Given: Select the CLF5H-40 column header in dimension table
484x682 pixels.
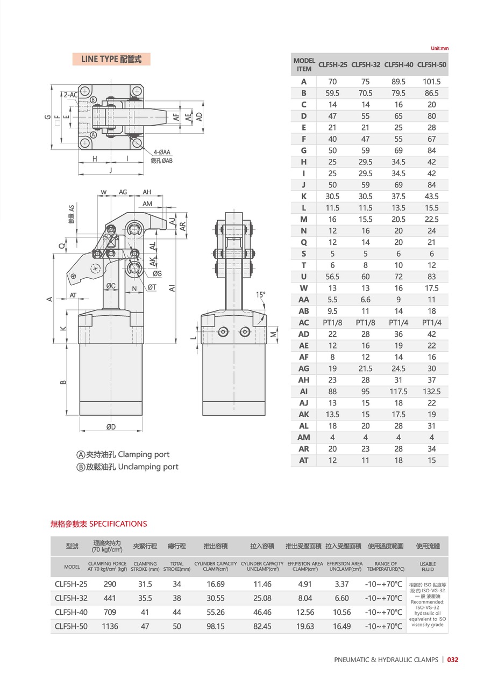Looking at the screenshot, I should coord(398,64).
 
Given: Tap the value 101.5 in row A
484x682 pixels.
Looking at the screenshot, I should coord(431,82).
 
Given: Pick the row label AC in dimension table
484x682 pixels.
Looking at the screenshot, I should coord(304,322).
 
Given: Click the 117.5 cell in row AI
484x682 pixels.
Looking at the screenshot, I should coord(398,391).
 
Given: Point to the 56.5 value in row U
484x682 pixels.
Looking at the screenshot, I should coord(332,277).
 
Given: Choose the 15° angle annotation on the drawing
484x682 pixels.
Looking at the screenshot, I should coord(261,294).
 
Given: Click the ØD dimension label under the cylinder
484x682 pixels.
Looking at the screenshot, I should coord(111,427).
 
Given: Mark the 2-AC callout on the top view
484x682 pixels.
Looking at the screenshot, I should coord(70,95).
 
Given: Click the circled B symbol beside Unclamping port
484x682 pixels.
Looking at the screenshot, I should coord(81,467).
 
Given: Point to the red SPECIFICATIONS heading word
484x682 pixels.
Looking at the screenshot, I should coord(118,524).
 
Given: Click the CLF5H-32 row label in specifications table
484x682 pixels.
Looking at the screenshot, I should coord(71,598).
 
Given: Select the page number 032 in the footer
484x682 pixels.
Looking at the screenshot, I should coord(452,660).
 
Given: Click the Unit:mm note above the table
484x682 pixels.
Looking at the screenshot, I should coord(439,48).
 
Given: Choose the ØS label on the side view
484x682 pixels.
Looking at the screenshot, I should coord(156,273).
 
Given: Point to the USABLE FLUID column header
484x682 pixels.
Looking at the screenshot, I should coord(428,567).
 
